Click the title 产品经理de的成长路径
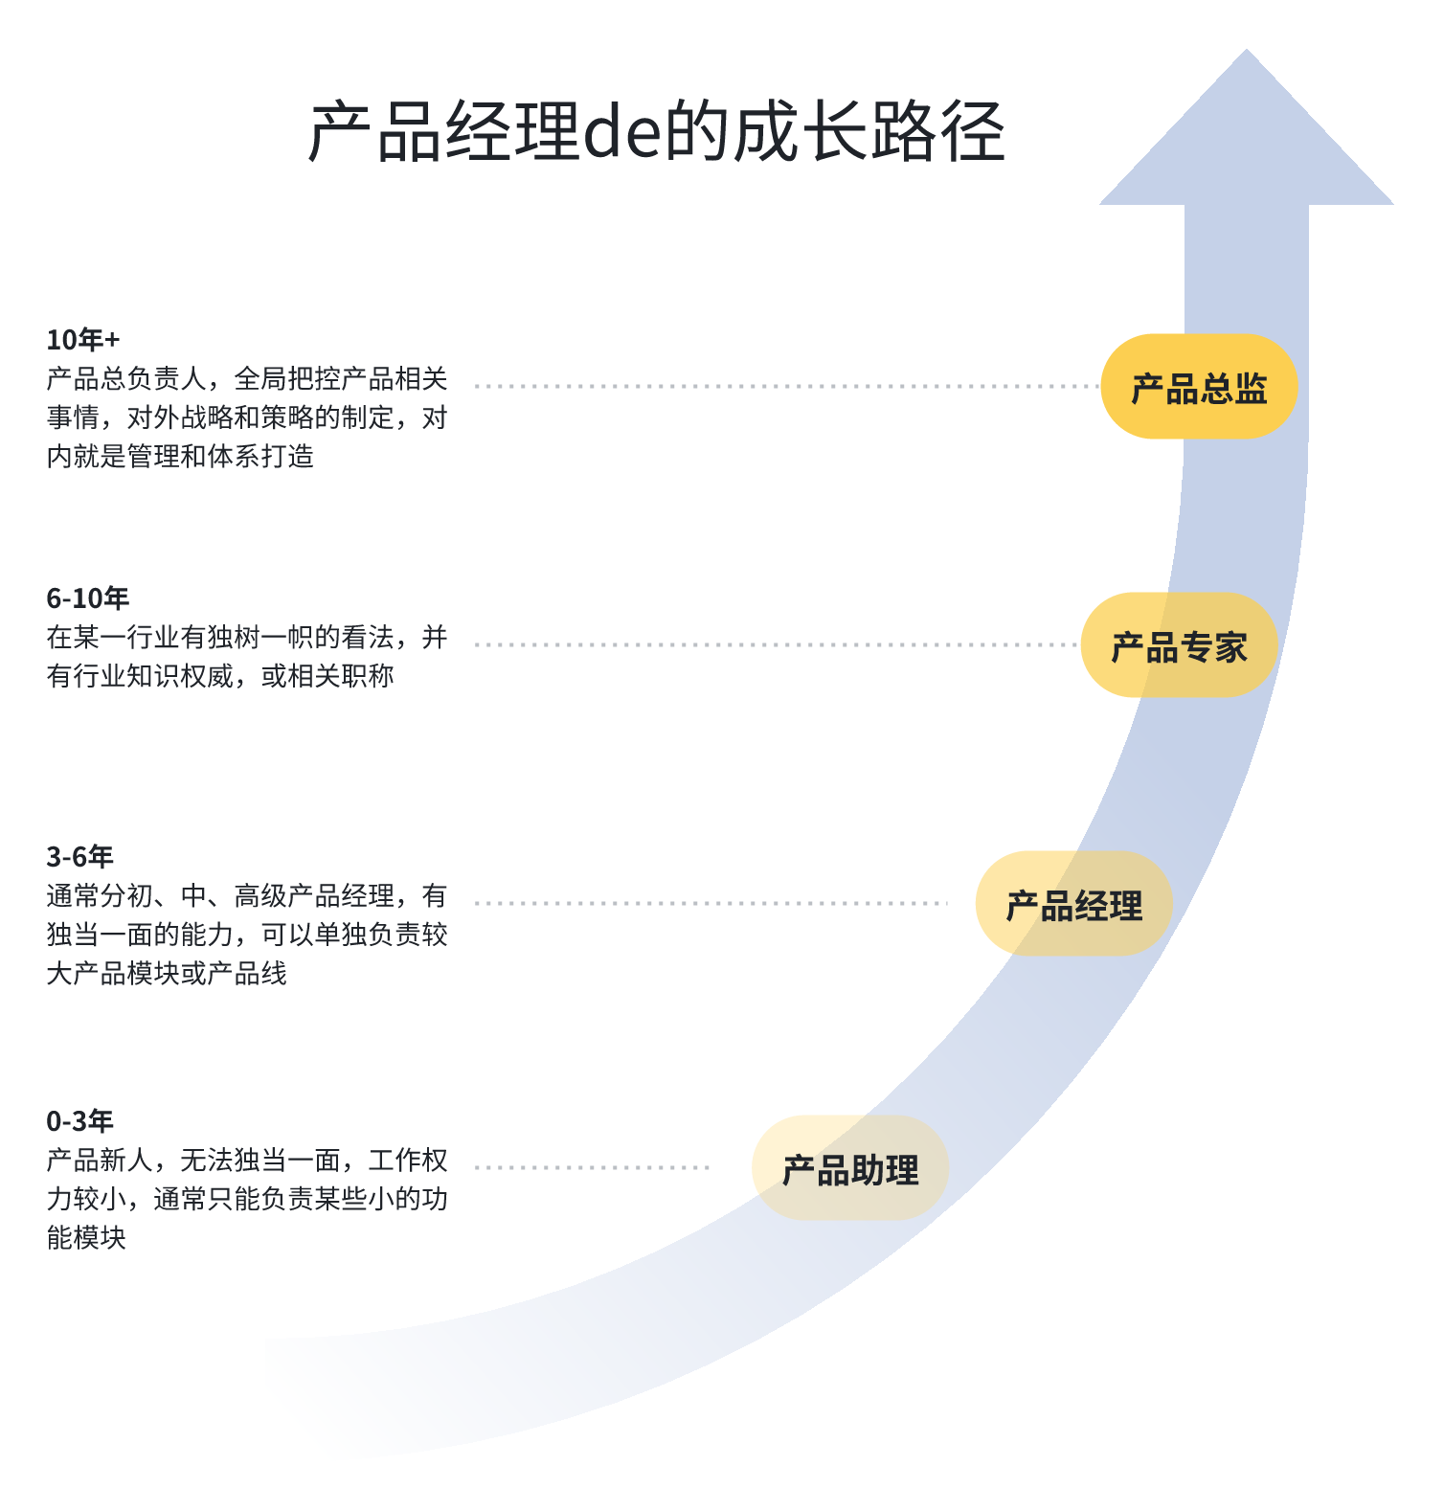[x=656, y=131]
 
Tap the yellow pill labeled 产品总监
[x=1199, y=387]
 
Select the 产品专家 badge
[x=1179, y=645]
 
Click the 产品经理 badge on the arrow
[x=1073, y=904]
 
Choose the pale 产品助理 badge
[x=850, y=1168]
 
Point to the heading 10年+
[x=83, y=340]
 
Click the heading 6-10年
[x=87, y=598]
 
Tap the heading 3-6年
[x=79, y=857]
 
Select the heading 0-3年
[x=79, y=1121]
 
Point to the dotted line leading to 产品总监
[x=785, y=387]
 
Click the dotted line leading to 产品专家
[x=776, y=645]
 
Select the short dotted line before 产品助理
[x=592, y=1167]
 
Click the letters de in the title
[x=621, y=132]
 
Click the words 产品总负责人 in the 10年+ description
[x=126, y=379]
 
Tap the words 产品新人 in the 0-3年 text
[x=100, y=1161]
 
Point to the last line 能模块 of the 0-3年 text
[x=86, y=1238]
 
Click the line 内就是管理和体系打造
[x=180, y=457]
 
